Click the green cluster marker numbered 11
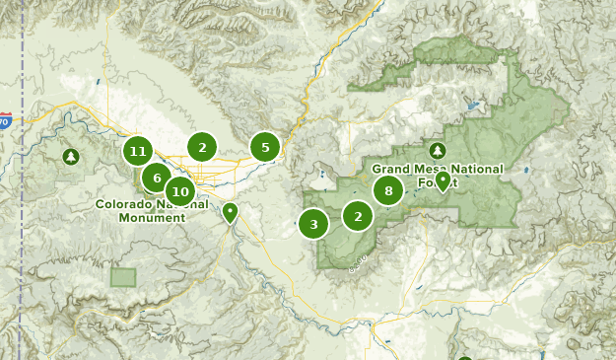pos(138,152)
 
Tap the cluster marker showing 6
pos(156,178)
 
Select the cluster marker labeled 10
pos(178,191)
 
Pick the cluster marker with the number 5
pos(264,147)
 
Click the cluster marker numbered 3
pos(313,224)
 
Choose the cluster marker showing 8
pos(388,191)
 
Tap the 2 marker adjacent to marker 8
pos(358,216)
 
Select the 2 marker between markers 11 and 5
pos(202,148)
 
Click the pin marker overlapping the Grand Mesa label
pos(444,180)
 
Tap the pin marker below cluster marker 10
pos(230,211)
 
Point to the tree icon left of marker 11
pos(71,156)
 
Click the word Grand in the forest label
pos(390,170)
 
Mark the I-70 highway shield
pos(5,122)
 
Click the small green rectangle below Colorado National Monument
pos(123,277)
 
